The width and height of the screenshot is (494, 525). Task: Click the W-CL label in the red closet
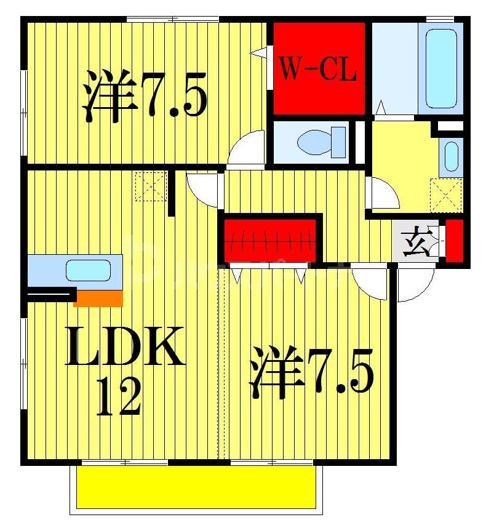click(x=319, y=70)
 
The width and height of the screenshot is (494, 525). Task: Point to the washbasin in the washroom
click(x=452, y=156)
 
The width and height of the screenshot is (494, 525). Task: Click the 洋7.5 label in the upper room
click(x=145, y=95)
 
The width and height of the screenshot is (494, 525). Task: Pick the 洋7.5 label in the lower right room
click(x=311, y=372)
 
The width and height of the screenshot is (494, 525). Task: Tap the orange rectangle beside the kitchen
click(x=98, y=299)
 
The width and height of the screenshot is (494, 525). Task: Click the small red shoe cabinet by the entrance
click(x=455, y=240)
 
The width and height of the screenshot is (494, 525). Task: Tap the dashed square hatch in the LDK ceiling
click(x=151, y=186)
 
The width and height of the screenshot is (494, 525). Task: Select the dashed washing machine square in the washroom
click(x=446, y=193)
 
